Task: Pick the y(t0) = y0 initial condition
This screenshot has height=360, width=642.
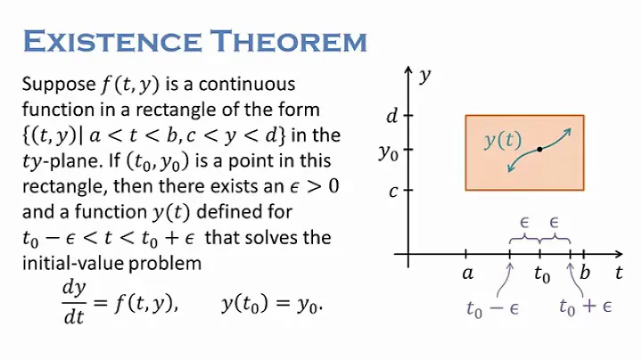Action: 270,303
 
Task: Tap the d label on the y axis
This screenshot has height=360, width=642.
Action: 391,115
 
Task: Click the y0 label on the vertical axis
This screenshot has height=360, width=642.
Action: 388,152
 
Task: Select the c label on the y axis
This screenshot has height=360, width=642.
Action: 391,190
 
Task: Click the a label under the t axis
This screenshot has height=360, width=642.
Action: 467,274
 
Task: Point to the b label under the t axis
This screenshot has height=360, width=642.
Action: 584,274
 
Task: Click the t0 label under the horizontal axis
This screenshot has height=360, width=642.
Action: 542,275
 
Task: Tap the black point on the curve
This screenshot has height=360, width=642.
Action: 539,149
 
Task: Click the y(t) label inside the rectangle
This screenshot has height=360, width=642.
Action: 503,140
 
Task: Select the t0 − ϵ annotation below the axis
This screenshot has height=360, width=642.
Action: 492,308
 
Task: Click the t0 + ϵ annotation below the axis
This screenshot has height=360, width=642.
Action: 584,308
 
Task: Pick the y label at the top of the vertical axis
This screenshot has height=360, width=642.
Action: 426,75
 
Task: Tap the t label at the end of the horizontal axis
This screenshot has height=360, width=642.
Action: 619,273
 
